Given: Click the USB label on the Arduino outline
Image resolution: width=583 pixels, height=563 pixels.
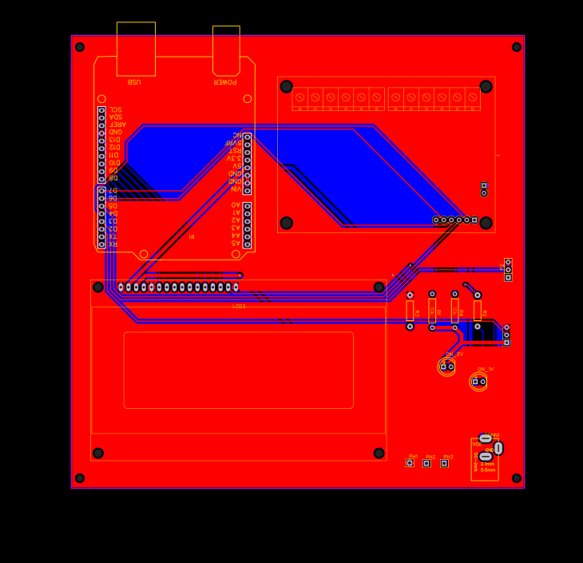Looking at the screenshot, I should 133,82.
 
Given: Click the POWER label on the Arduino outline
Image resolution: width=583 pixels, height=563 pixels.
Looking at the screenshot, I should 224,82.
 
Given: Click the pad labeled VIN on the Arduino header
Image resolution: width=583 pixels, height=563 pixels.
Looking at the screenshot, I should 248,190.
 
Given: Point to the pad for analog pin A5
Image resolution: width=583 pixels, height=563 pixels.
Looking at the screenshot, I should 248,244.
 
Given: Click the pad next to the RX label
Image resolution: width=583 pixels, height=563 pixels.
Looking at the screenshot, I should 101,244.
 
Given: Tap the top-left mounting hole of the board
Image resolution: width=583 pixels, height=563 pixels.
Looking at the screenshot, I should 80,47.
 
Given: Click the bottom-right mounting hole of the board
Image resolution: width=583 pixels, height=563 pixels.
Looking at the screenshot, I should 517,478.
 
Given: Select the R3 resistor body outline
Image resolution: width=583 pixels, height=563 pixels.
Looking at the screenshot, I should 410,311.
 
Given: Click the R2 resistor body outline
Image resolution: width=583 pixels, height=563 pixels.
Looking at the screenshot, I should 478,311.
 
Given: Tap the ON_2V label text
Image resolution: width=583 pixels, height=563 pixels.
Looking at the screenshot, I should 454,354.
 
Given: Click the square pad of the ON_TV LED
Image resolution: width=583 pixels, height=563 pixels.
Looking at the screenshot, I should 475,382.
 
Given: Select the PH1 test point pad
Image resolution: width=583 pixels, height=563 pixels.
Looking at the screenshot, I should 410,463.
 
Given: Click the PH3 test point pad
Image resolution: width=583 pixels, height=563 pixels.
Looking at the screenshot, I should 445,463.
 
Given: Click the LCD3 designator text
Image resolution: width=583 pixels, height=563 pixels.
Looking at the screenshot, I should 239,306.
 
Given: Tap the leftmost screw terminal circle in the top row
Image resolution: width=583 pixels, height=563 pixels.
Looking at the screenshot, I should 299,97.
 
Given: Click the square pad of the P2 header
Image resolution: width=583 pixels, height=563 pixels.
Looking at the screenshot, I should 508,277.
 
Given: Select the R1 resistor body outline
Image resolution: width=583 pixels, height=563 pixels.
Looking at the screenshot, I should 432,311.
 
